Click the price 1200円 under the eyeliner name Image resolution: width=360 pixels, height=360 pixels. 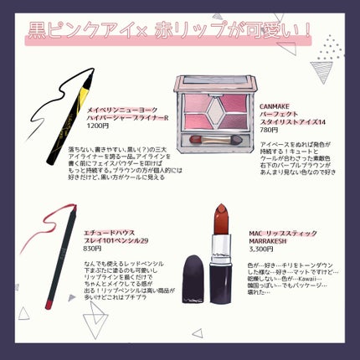(99, 126)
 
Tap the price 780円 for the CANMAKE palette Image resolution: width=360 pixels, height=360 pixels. (270, 131)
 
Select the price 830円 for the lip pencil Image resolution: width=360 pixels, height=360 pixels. (93, 248)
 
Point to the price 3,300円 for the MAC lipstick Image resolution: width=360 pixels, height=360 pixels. (262, 249)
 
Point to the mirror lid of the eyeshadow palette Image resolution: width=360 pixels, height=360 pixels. (214, 81)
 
